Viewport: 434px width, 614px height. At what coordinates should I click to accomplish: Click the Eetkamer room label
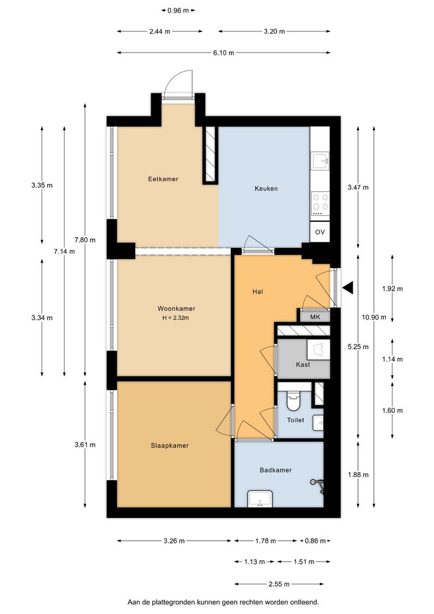pos(163,179)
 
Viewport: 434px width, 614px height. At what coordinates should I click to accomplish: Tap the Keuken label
pos(266,188)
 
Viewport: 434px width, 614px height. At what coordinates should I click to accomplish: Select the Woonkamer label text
pos(176,309)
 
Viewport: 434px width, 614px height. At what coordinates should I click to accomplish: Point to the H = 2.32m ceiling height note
pos(176,318)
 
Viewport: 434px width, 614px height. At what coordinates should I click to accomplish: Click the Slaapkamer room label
pos(170,445)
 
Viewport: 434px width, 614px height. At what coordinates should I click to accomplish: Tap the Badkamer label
pos(275,470)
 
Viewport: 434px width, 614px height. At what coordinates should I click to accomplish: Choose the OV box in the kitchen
pos(319,232)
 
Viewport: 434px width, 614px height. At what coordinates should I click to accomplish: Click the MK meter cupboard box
pos(315,317)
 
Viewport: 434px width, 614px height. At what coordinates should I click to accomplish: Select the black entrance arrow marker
pos(348,288)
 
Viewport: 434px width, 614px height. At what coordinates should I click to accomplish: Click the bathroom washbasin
pos(260,498)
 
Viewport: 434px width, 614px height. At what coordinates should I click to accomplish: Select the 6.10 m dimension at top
pos(224,52)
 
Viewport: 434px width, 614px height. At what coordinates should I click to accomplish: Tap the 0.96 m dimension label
pos(178,11)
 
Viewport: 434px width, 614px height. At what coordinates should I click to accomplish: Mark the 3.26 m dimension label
pos(174,541)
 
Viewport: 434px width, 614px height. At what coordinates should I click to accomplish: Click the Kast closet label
pos(303,364)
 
